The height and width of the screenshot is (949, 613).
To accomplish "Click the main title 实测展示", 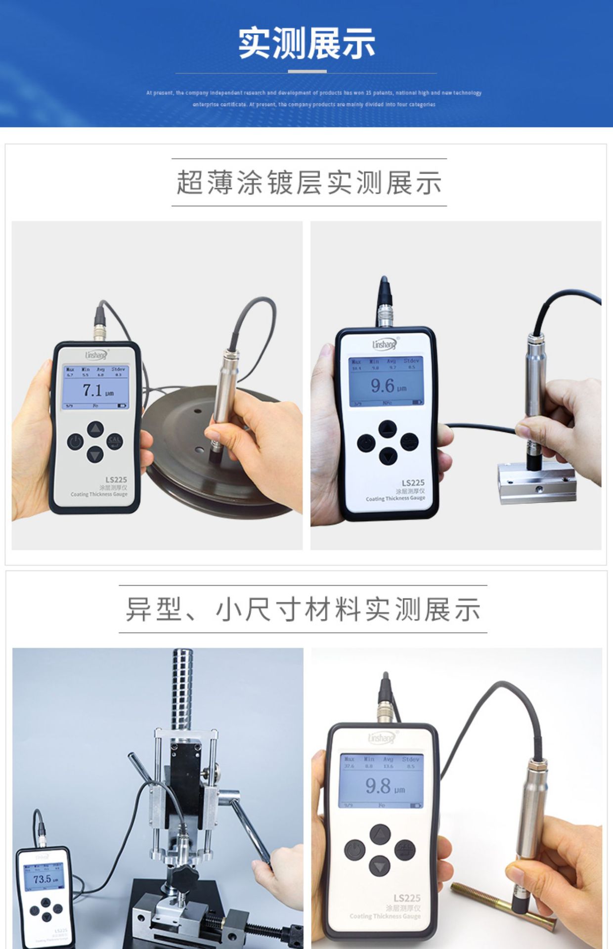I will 306,43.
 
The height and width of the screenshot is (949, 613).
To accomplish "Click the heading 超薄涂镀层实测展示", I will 309,182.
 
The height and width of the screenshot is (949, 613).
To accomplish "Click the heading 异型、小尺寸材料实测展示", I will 303,609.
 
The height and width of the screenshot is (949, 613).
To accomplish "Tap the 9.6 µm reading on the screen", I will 388,386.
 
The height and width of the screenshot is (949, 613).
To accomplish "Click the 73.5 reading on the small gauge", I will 44,879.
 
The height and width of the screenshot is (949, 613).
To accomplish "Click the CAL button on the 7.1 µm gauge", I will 115,441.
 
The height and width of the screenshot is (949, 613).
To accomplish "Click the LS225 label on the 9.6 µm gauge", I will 413,483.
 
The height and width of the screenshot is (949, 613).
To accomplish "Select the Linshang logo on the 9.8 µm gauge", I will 382,738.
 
